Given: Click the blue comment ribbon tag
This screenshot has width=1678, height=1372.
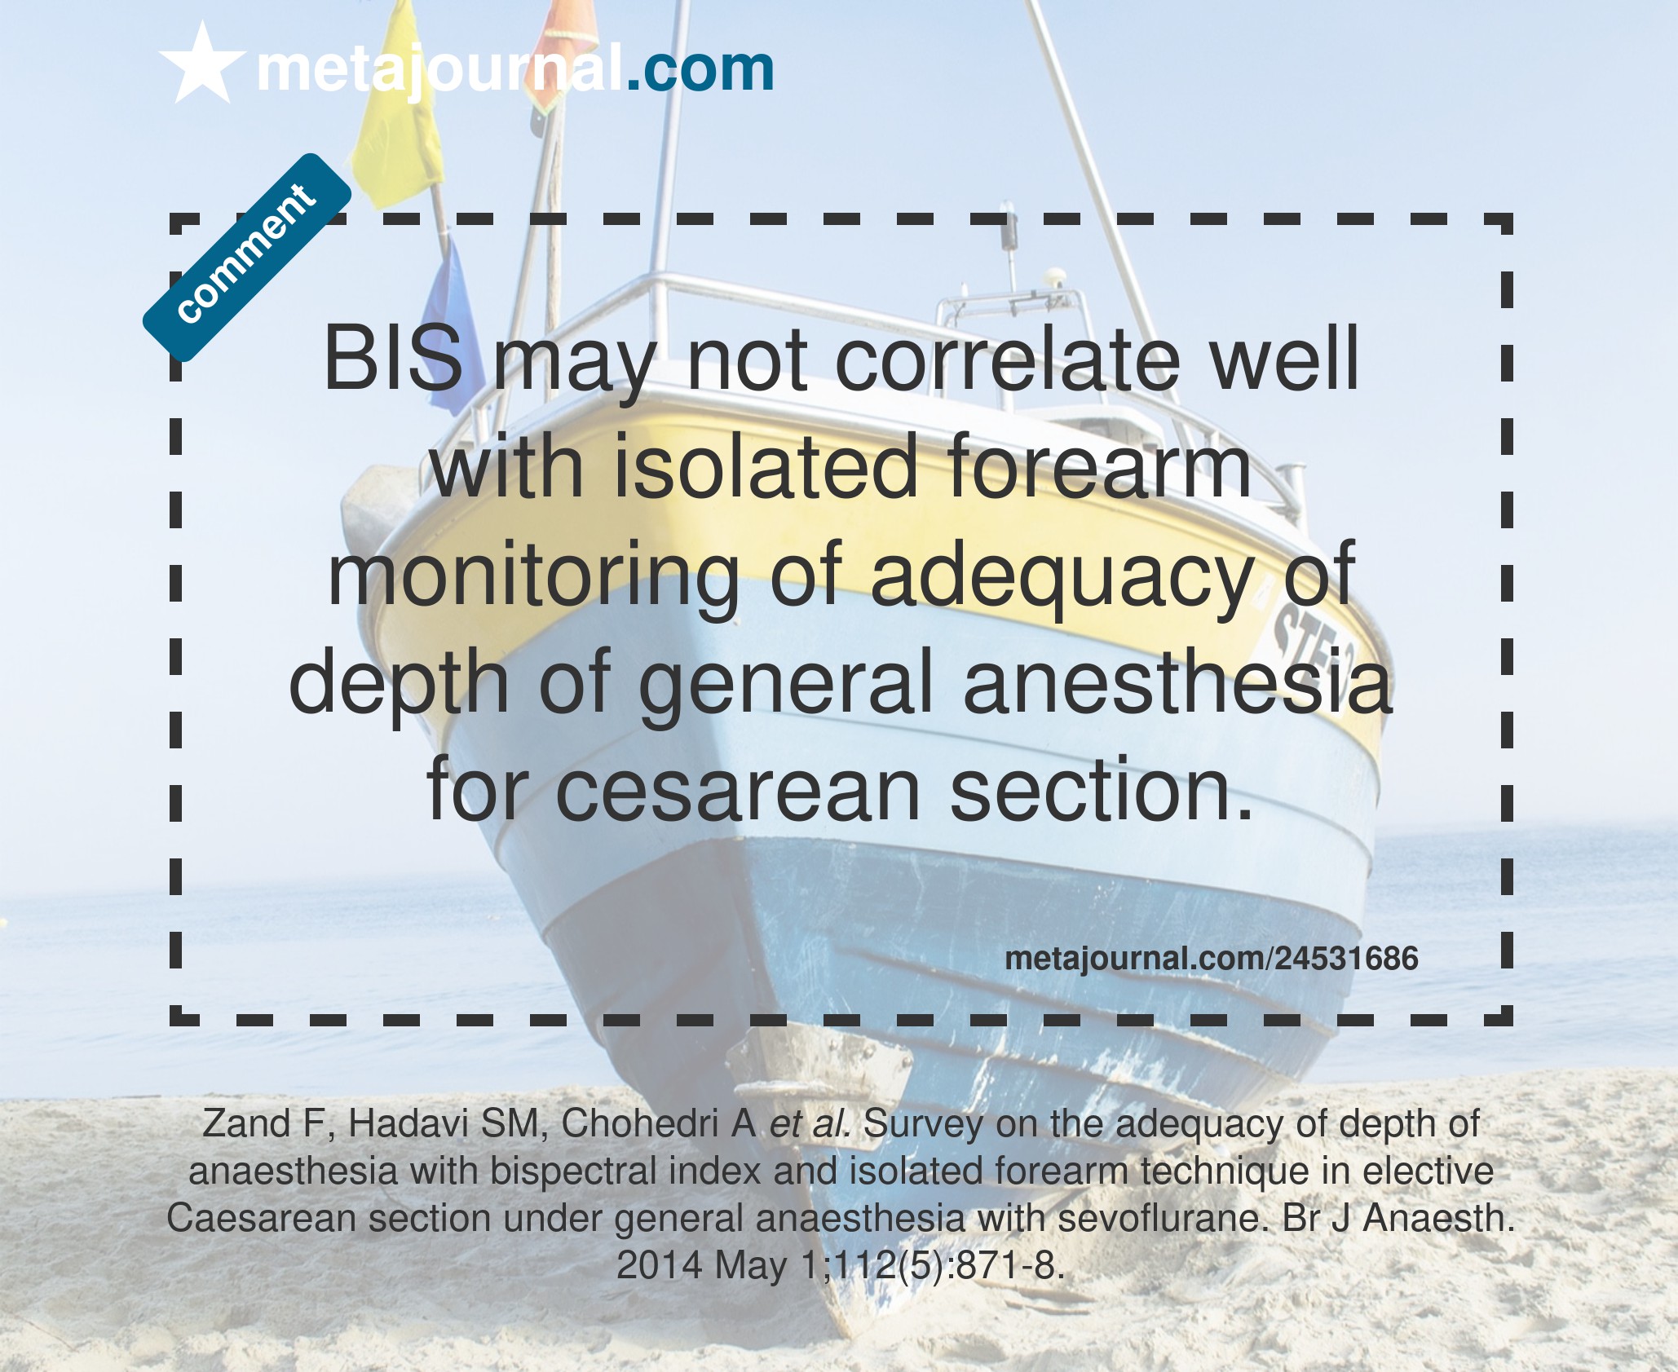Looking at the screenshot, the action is tap(247, 258).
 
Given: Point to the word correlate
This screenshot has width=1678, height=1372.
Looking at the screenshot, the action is tap(1008, 360).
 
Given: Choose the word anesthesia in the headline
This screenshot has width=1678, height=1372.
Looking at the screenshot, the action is tap(1177, 682).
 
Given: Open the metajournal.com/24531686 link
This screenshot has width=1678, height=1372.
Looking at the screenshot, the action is tap(1212, 958).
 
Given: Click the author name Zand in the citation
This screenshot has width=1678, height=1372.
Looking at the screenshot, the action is tap(246, 1124).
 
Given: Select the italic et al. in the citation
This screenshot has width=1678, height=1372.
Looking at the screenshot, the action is tap(810, 1124).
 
